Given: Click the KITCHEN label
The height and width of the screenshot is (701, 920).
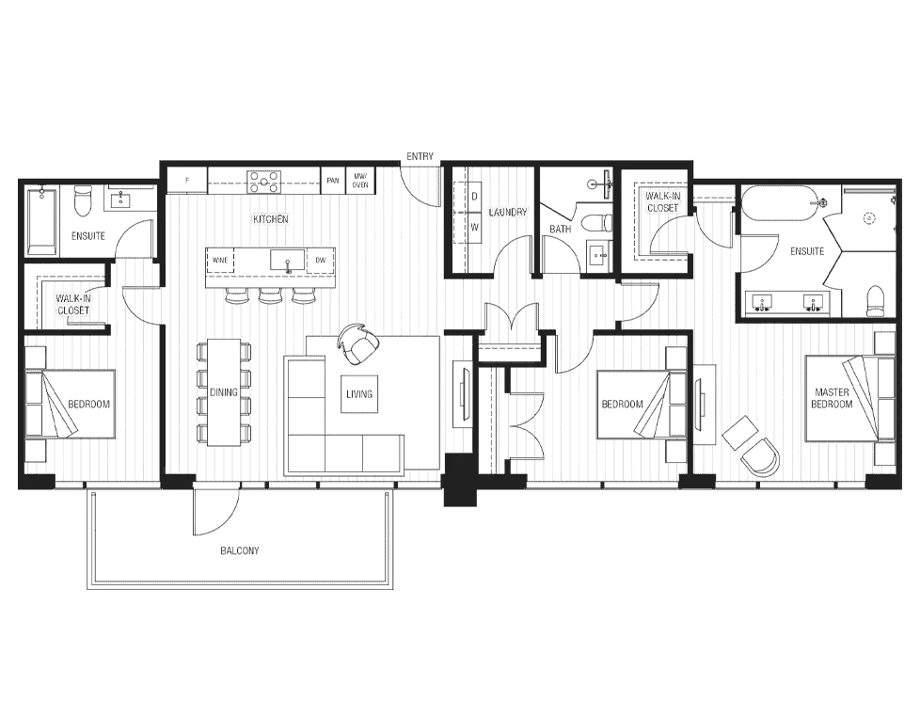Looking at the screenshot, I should pos(271,219).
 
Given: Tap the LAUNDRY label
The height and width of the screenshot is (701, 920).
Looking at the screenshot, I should pos(508,213).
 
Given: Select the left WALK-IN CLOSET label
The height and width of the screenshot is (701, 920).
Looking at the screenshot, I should pos(74,304).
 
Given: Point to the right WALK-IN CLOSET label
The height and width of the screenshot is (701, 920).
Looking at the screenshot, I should pos(662,200).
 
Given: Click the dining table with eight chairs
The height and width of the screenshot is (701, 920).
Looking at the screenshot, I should pos(224,391).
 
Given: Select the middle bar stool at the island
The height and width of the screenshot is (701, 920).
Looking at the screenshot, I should pos(270,297).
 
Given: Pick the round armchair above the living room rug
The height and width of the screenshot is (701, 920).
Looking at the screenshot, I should pos(357,338).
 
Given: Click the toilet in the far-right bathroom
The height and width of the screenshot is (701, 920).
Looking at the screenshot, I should pos(876,301).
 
